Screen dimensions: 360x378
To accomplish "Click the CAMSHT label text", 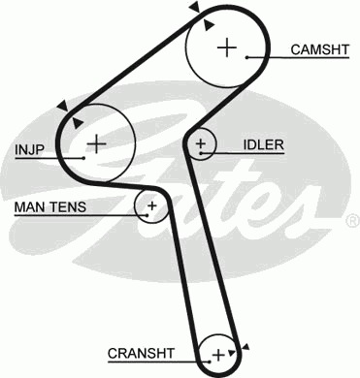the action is pyautogui.click(x=320, y=49).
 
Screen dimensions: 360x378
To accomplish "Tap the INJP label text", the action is pyautogui.click(x=29, y=149).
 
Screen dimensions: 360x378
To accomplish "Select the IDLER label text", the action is pyautogui.click(x=263, y=144).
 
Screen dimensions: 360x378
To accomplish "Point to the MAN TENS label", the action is pyautogui.click(x=50, y=206).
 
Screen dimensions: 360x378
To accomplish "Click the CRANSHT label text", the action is pyautogui.click(x=141, y=353).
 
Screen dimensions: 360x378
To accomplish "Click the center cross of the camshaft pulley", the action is pyautogui.click(x=227, y=47).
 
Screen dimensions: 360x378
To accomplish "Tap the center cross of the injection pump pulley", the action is pyautogui.click(x=96, y=143).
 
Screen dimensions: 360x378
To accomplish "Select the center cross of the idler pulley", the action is pyautogui.click(x=201, y=143).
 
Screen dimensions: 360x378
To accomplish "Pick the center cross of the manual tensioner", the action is pyautogui.click(x=151, y=205).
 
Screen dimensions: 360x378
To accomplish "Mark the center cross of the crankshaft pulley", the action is pyautogui.click(x=218, y=355).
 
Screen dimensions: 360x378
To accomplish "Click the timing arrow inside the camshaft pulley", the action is pyautogui.click(x=209, y=25).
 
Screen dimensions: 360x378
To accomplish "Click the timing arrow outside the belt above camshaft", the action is pyautogui.click(x=195, y=7).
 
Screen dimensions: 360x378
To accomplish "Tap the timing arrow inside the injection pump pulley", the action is pyautogui.click(x=78, y=123).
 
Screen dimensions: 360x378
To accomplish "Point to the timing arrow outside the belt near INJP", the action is pyautogui.click(x=62, y=106).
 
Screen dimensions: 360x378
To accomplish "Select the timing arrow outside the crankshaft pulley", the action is pyautogui.click(x=245, y=347).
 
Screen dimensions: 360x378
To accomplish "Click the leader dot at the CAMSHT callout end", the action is pyautogui.click(x=246, y=57).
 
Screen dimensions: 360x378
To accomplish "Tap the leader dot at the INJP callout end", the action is pyautogui.click(x=83, y=158).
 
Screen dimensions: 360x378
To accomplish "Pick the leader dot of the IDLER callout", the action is pyautogui.click(x=201, y=153).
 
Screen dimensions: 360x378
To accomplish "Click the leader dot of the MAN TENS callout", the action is pyautogui.click(x=147, y=215).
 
